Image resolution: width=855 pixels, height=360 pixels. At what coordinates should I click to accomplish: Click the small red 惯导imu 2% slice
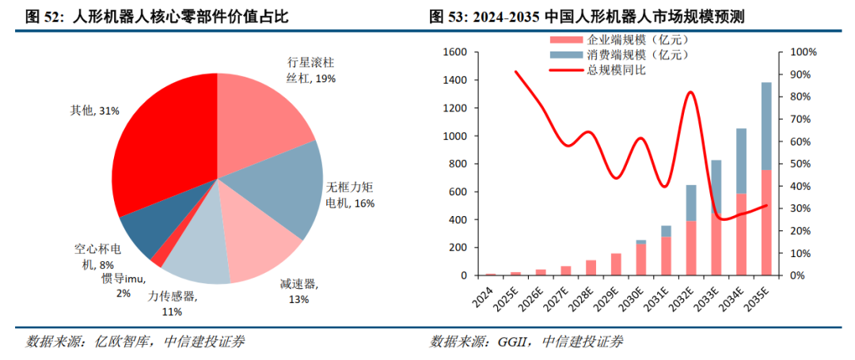coord(158,256)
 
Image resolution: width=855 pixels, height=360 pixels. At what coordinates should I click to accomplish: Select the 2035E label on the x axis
coord(764,293)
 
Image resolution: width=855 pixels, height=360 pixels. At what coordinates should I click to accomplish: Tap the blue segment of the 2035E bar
coord(766,127)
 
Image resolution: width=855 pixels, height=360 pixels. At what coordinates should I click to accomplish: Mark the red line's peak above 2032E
coord(690,93)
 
